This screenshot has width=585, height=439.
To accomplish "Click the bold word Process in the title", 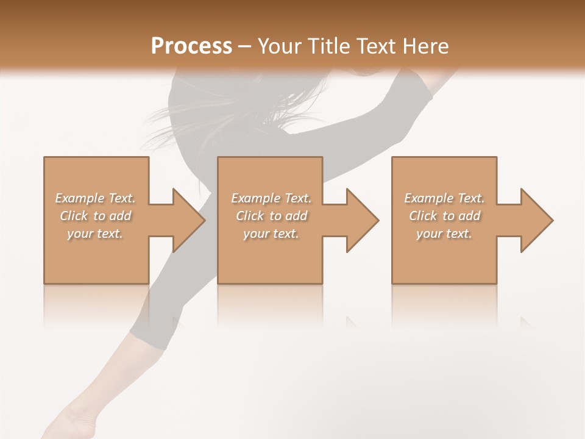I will [191, 46].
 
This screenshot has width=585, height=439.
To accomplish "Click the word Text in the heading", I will [377, 46].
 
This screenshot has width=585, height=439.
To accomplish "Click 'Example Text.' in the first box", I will [95, 198].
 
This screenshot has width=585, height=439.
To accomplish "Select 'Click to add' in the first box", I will [95, 215].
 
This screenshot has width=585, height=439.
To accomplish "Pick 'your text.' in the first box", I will [95, 233].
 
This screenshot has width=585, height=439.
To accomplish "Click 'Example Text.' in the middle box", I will [271, 198].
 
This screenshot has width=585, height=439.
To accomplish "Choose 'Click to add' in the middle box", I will [271, 215].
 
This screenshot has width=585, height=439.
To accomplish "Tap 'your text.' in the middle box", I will [271, 233].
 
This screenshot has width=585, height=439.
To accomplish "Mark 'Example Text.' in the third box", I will [444, 198].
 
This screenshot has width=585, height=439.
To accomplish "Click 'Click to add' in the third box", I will [444, 215].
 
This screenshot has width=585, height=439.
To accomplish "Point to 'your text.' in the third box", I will [444, 233].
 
